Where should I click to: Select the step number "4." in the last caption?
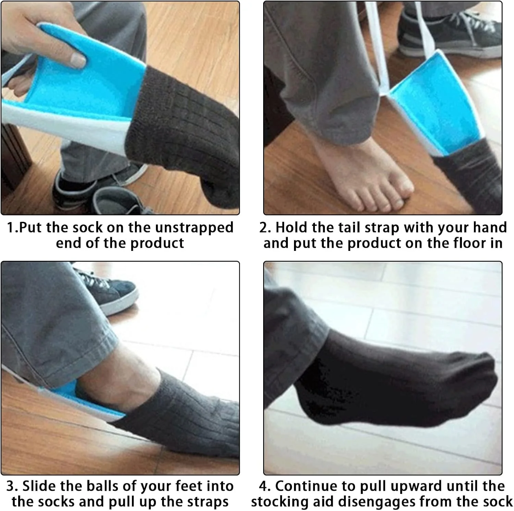[265, 486]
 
